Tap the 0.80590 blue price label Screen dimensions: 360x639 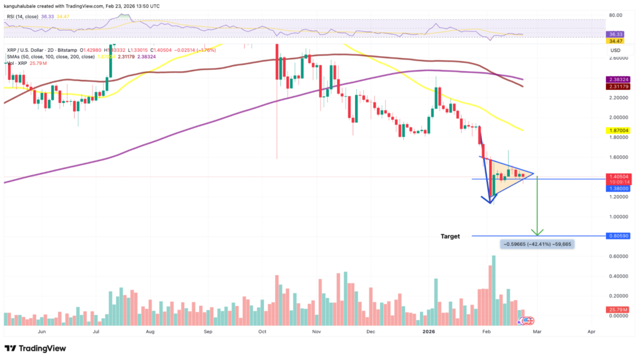tap(618, 236)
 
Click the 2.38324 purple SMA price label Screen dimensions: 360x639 tap(618, 80)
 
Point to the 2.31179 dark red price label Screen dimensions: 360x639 tap(618, 87)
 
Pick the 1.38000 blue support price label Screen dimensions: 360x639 tap(618, 188)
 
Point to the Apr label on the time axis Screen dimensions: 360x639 tap(591, 333)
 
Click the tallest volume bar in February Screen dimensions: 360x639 tap(494, 287)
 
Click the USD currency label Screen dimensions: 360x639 tap(615, 49)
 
